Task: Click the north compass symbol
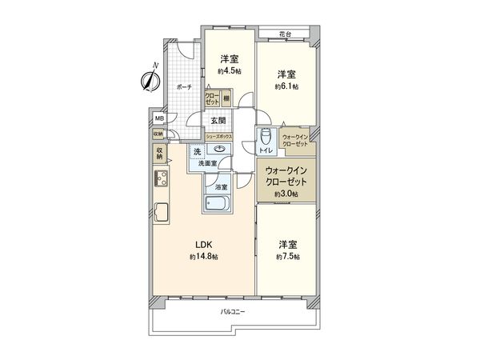pos(150,78)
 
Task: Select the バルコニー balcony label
pos(233,312)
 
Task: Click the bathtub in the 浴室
pos(218,204)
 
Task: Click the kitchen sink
pos(160,214)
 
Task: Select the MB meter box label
pos(160,118)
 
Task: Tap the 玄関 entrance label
pos(218,120)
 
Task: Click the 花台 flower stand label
pos(284,33)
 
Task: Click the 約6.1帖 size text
pos(286,86)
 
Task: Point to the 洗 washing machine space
pos(197,151)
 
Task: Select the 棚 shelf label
pos(227,99)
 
